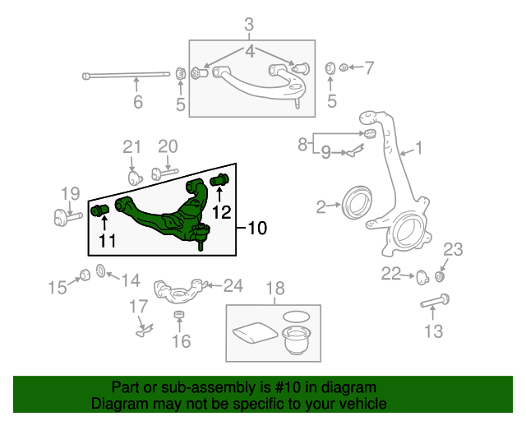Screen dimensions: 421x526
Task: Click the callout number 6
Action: (x=138, y=103)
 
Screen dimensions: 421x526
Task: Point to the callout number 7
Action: (x=369, y=66)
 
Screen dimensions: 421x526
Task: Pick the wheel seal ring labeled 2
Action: (x=356, y=203)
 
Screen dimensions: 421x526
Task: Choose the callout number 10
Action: (x=257, y=228)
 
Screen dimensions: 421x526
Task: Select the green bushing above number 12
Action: (x=219, y=181)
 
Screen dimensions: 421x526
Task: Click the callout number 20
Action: (x=168, y=147)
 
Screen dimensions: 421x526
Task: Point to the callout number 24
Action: (x=234, y=286)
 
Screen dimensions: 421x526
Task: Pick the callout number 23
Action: (x=454, y=249)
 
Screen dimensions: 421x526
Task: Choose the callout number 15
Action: (x=57, y=287)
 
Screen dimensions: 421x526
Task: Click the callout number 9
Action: (x=325, y=152)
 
